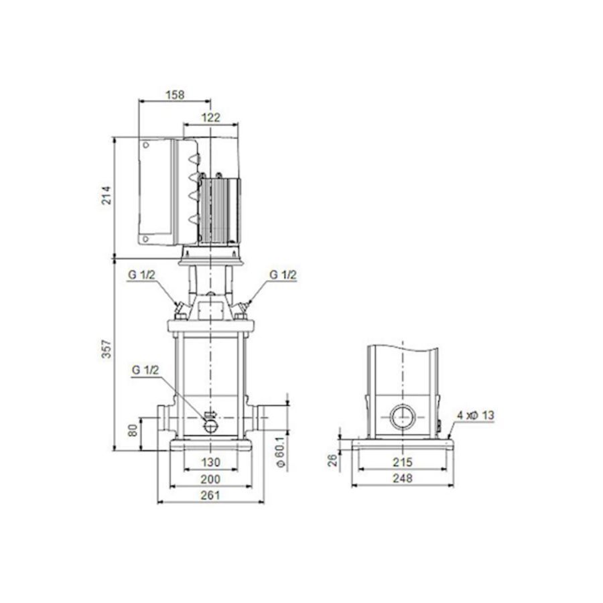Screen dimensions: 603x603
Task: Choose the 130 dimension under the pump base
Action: click(x=211, y=462)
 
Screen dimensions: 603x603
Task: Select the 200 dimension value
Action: click(x=211, y=480)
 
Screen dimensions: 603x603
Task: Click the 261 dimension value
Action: click(x=210, y=496)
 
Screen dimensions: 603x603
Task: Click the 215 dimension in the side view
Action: click(x=403, y=462)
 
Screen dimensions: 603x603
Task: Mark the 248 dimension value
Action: click(x=403, y=478)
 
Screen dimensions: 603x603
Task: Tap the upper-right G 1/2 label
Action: click(x=282, y=275)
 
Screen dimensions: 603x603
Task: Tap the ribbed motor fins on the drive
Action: click(x=222, y=208)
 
